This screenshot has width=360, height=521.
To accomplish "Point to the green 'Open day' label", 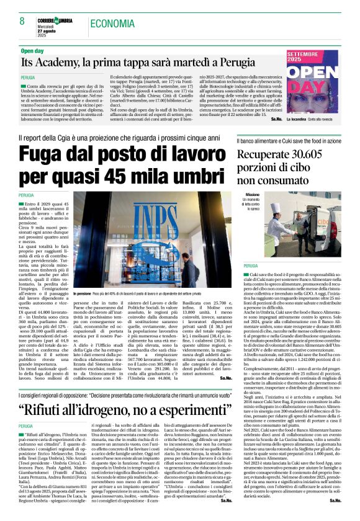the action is pos(37,50).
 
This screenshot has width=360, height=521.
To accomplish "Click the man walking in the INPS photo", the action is pos(186,273).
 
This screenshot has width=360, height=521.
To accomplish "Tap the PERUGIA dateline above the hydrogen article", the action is pos(26,427).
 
